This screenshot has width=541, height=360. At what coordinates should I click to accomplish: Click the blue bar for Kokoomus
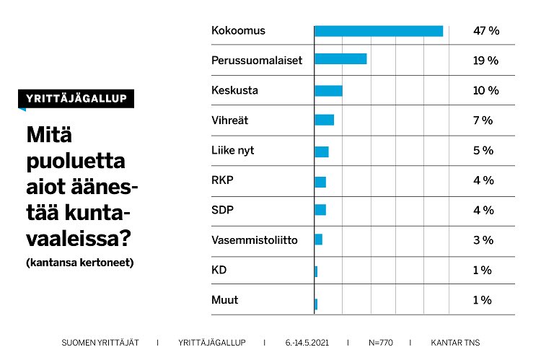pos(379,31)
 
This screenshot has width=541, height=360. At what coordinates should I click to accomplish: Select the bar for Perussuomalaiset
pos(340,59)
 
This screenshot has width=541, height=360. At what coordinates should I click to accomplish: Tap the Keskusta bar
pos(328,91)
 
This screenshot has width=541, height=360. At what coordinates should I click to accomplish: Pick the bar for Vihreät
pos(325,120)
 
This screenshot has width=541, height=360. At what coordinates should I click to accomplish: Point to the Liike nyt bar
pos(322,152)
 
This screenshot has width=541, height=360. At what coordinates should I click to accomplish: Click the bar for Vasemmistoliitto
pos(318,240)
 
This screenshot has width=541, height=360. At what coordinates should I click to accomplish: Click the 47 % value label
pos(485,31)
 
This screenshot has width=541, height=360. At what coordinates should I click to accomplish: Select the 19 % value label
pos(485,61)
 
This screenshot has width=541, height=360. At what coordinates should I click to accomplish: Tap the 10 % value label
pos(485,91)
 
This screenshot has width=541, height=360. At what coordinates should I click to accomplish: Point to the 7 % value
pos(483,120)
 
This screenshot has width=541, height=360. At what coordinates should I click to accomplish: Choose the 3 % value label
pos(483,240)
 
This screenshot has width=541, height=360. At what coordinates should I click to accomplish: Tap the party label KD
pos(219,270)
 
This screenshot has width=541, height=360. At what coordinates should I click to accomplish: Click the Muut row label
pos(224,299)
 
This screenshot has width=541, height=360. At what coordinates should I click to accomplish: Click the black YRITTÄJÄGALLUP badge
pos(76,99)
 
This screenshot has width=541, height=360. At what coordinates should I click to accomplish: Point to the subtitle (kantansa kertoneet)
pos(79,263)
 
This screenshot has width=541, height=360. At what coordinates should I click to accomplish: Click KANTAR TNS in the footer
pos(454,343)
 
